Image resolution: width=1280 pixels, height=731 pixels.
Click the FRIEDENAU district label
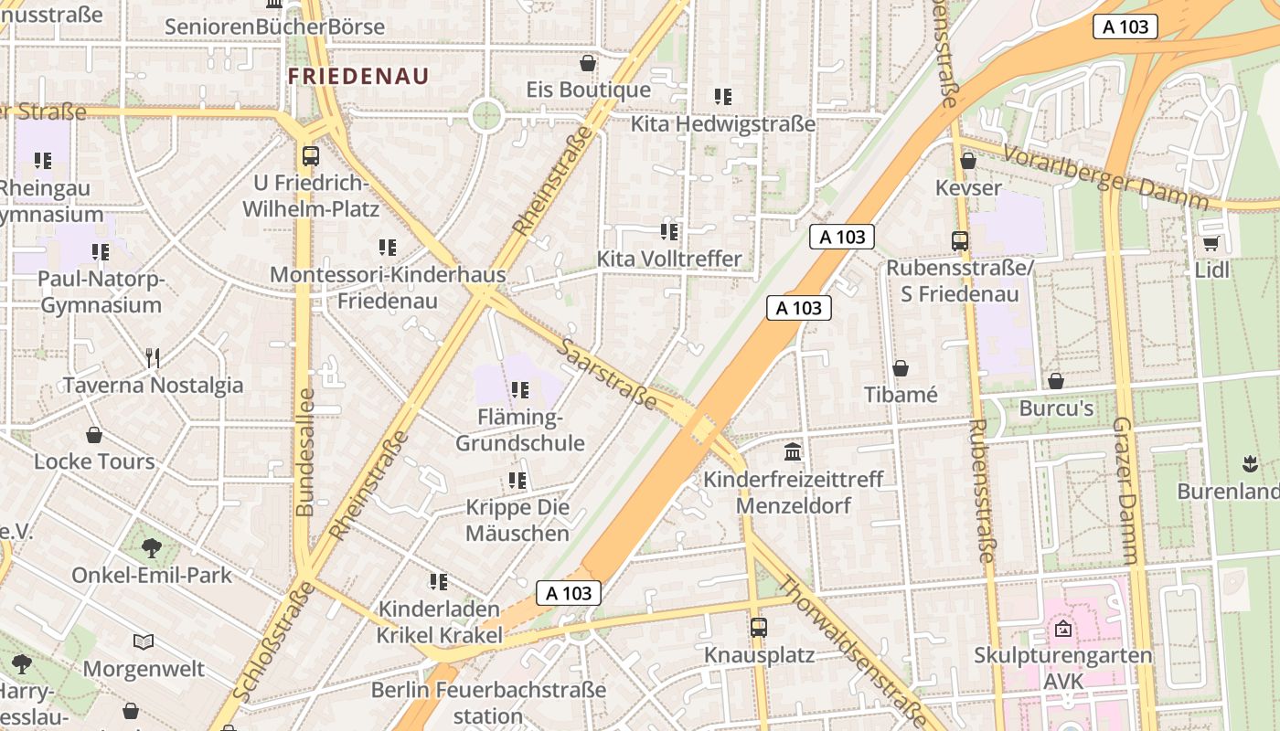coord(358,76)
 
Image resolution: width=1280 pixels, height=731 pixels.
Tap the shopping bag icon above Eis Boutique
coord(588,63)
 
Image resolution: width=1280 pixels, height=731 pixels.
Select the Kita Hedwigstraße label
coord(723,123)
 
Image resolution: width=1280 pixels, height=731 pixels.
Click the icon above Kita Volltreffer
coord(669,232)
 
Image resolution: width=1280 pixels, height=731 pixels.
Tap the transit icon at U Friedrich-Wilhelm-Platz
coord(311,156)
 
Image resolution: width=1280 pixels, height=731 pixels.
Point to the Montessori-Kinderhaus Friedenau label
coord(388,287)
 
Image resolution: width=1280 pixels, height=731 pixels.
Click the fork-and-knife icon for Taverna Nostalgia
coord(153,357)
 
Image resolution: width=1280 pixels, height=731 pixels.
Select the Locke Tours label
coord(94,461)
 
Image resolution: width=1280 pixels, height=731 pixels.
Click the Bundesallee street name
coord(305,452)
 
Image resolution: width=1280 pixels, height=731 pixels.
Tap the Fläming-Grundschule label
coord(520,430)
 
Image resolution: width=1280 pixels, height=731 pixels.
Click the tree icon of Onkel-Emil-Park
coord(152,548)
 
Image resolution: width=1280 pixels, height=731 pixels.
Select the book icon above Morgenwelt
coord(144,641)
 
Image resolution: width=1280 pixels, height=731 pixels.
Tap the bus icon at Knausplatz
coord(759,628)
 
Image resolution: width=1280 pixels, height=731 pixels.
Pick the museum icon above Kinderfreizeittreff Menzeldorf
coord(793,451)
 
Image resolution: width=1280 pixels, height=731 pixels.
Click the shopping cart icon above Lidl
coord(1211,243)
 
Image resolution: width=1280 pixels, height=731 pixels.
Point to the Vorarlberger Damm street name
coord(1105,175)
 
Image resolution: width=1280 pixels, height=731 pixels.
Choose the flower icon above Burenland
coord(1250,463)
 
